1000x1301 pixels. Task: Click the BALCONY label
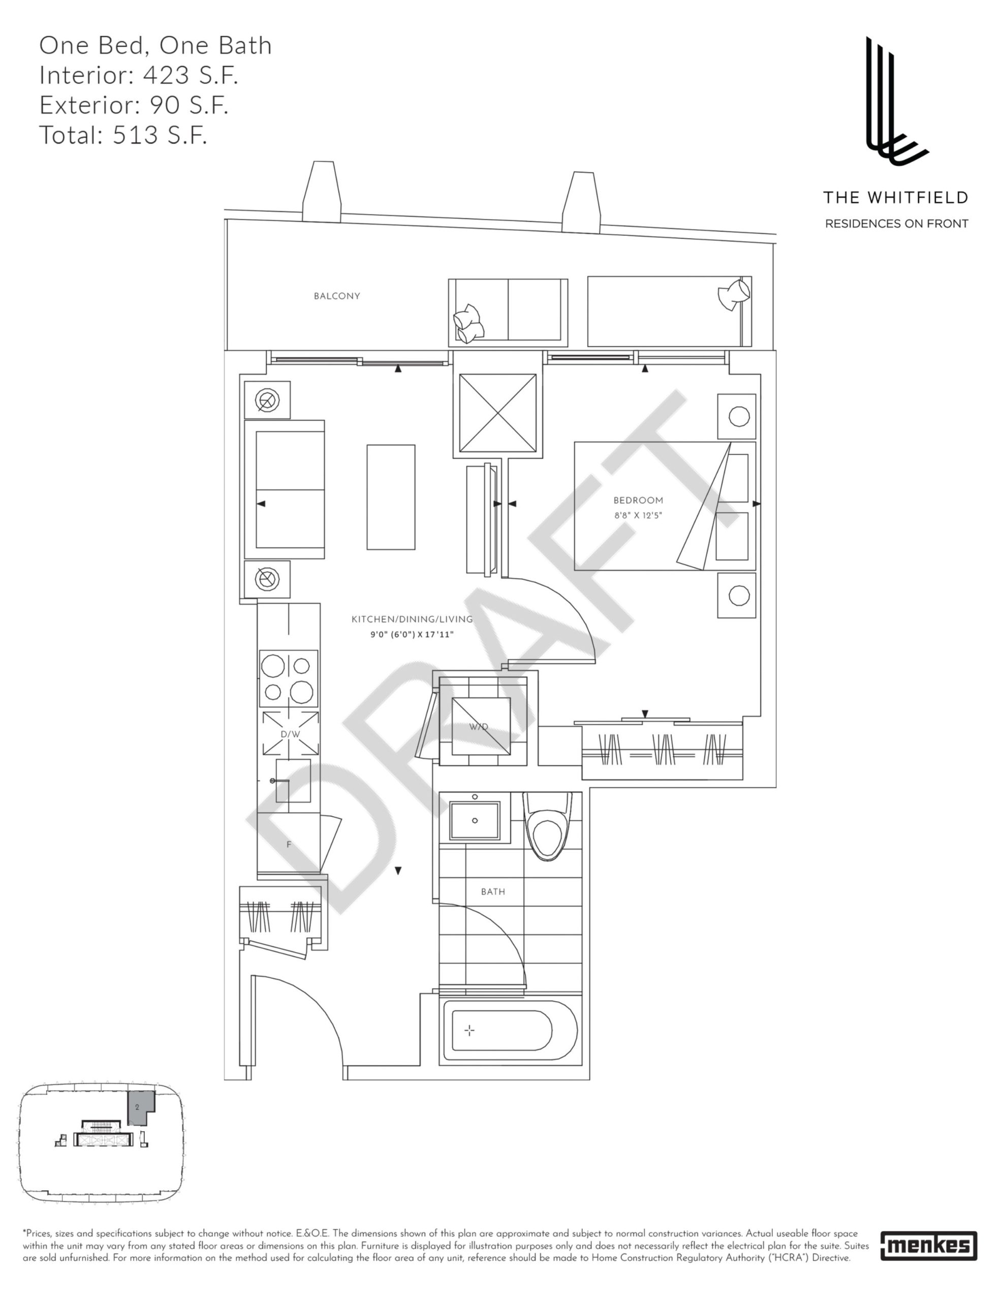[x=337, y=296]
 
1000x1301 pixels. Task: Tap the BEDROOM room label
[x=638, y=501]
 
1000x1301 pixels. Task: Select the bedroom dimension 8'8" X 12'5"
[x=638, y=515]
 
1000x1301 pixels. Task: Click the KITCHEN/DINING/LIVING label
[x=412, y=619]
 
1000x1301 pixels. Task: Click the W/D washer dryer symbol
[x=481, y=726]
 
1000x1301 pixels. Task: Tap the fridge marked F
[x=289, y=845]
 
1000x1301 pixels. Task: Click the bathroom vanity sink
[x=475, y=820]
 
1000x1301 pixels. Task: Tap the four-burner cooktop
[x=289, y=678]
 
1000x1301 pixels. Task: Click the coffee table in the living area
[x=390, y=497]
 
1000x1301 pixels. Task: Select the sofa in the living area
[x=285, y=489]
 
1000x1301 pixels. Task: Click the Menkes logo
[x=928, y=1246]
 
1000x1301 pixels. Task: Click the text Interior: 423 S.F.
[x=139, y=75]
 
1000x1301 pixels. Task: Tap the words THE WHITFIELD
[x=895, y=198]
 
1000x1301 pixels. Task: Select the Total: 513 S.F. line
[x=123, y=135]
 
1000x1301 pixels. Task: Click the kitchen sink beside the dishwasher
[x=293, y=780]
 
